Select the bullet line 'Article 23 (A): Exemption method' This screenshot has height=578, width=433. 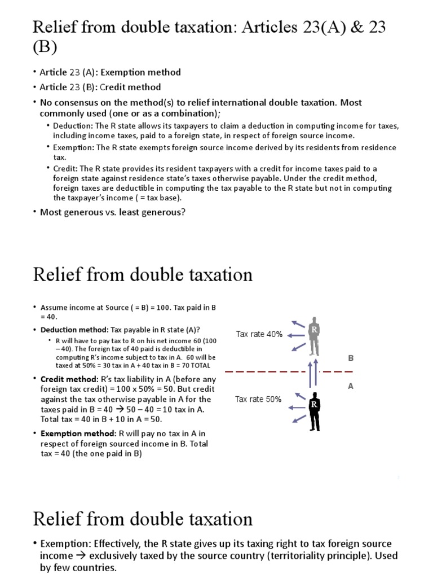tap(111, 72)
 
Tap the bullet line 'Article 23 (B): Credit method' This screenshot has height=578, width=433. tap(100, 87)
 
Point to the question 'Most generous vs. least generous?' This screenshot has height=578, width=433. tap(113, 212)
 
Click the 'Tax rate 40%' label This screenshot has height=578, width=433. tap(259, 334)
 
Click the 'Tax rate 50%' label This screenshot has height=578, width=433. tap(258, 399)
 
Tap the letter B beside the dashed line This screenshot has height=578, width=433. tap(351, 358)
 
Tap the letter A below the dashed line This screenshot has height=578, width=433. tap(351, 387)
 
